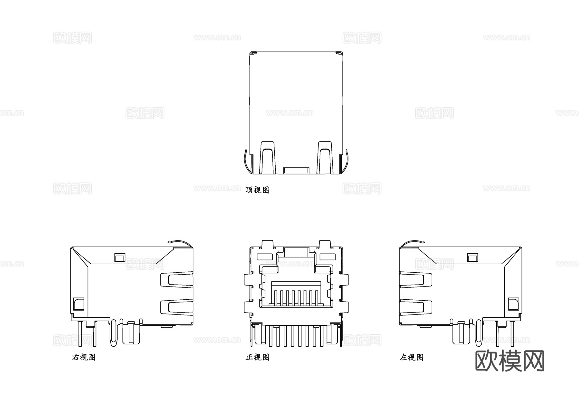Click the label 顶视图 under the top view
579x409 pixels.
point(257,190)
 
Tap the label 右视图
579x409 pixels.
point(84,357)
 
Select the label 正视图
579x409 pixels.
point(257,357)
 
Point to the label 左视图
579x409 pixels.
point(411,357)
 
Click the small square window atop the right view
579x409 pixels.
point(120,257)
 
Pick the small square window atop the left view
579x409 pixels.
point(473,257)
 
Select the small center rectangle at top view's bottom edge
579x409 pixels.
point(296,170)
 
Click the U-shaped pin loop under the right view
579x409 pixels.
point(113,333)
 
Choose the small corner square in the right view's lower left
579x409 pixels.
point(78,304)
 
